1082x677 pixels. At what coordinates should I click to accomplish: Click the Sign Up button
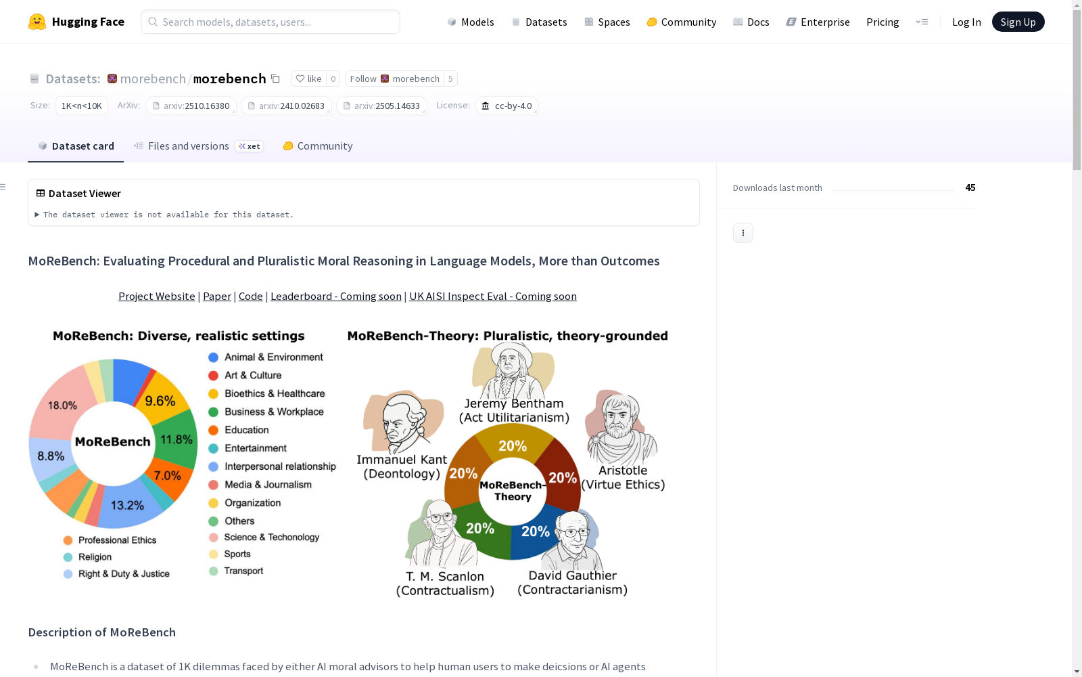pyautogui.click(x=1018, y=22)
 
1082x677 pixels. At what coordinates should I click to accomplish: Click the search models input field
pyautogui.click(x=270, y=22)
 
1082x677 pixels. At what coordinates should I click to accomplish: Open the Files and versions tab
pyautogui.click(x=189, y=146)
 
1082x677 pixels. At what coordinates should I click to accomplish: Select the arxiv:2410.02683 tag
pyautogui.click(x=287, y=106)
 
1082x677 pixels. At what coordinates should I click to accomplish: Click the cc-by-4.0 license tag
pyautogui.click(x=507, y=106)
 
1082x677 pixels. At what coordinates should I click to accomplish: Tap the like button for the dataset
pyautogui.click(x=308, y=79)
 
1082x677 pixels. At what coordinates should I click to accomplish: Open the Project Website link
pyautogui.click(x=156, y=296)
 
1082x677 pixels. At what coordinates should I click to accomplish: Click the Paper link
pyautogui.click(x=217, y=296)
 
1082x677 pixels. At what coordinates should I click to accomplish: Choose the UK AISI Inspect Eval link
pyautogui.click(x=493, y=296)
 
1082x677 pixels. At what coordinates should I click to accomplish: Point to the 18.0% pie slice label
pyautogui.click(x=62, y=406)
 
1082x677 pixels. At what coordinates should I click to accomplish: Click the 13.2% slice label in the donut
pyautogui.click(x=127, y=505)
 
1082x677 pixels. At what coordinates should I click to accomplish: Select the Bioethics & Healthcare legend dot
pyautogui.click(x=213, y=393)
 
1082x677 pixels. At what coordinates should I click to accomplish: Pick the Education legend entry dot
pyautogui.click(x=213, y=430)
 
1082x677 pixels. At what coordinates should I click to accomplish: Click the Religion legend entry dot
pyautogui.click(x=68, y=557)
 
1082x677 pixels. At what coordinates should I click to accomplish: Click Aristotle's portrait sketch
pyautogui.click(x=621, y=427)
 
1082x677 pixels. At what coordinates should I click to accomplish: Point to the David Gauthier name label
pyautogui.click(x=572, y=575)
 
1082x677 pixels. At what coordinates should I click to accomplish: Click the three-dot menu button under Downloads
pyautogui.click(x=743, y=233)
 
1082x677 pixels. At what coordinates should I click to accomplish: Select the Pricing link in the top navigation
pyautogui.click(x=883, y=22)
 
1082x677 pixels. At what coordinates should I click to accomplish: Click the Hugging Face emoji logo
pyautogui.click(x=37, y=22)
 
